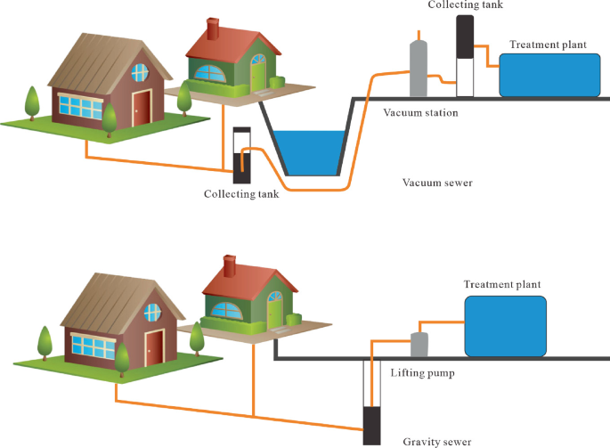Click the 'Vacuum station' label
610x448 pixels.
click(420, 113)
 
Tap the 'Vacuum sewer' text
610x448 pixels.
click(436, 183)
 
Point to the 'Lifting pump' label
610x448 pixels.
click(423, 372)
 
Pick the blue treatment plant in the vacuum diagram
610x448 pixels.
click(549, 74)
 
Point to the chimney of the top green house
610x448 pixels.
click(213, 28)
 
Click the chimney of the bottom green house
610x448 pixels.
click(231, 265)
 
